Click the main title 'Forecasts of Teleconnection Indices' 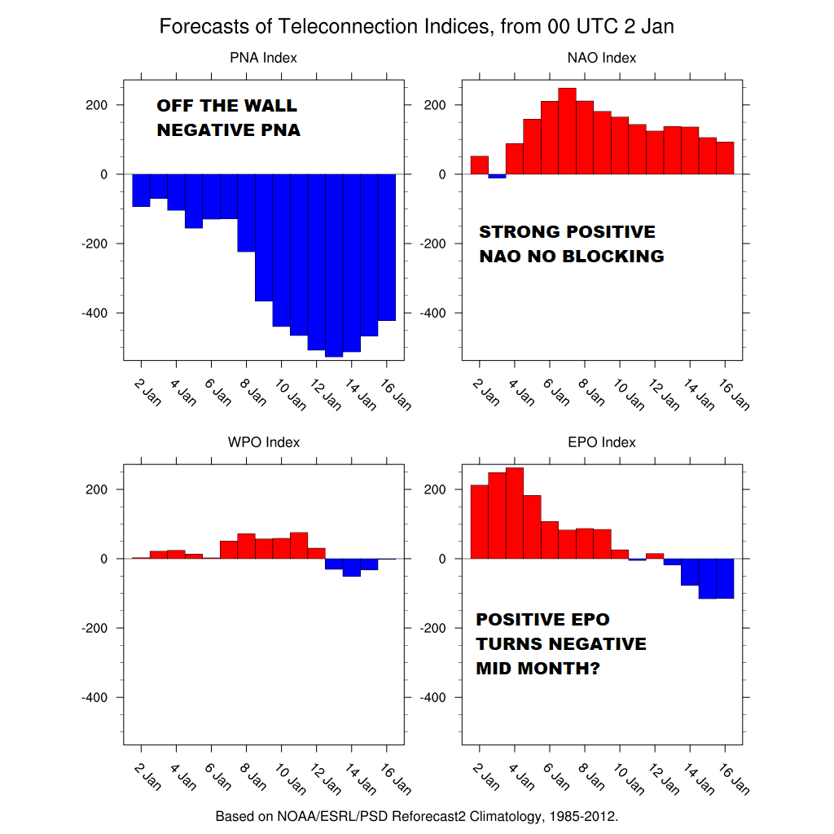416,27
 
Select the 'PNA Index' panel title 263,58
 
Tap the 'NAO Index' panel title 601,58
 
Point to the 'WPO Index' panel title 263,442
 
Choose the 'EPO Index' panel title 601,442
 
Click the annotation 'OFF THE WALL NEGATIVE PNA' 228,118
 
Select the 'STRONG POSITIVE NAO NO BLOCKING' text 571,244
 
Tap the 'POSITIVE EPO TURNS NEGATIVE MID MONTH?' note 561,644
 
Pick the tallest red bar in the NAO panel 567,131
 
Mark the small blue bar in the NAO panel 497,176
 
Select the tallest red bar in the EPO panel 515,513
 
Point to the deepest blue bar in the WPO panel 351,568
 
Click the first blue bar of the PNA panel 141,191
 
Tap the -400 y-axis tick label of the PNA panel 95,313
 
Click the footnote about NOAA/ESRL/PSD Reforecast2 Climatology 416,816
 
